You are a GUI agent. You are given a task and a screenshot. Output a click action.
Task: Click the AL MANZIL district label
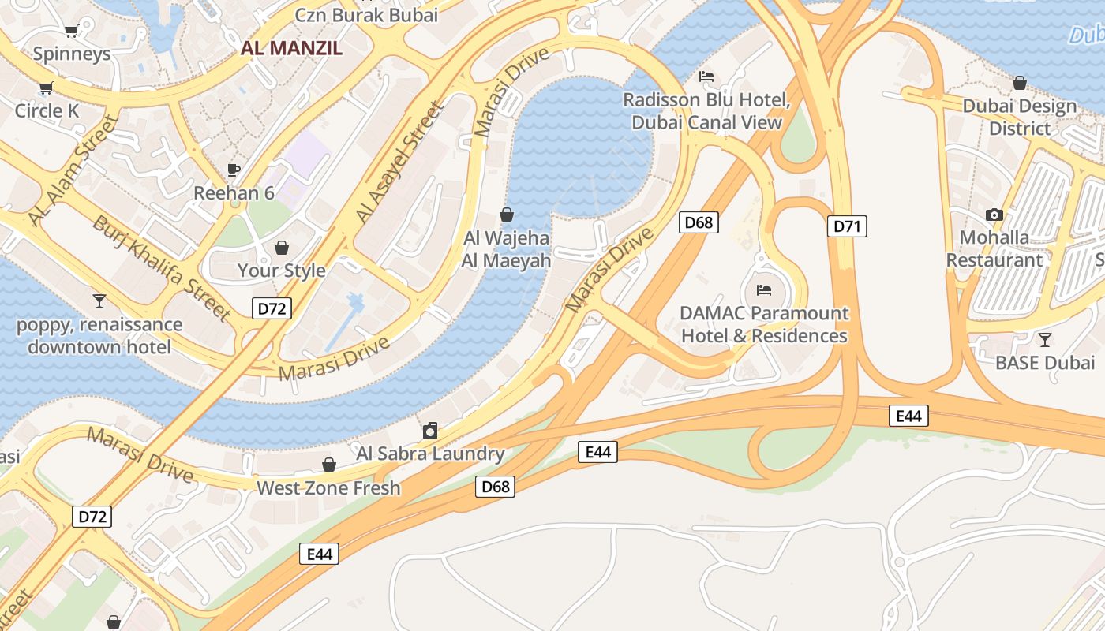(291, 48)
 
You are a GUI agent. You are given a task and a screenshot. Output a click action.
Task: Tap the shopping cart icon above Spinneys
(71, 32)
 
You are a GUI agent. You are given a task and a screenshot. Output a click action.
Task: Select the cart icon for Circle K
(46, 88)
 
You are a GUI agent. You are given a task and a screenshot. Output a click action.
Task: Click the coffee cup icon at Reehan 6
(233, 170)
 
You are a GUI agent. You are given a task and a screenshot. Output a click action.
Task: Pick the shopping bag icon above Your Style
(282, 248)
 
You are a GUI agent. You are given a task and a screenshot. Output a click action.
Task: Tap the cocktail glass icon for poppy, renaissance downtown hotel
(99, 301)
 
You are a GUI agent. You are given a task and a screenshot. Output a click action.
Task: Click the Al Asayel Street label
(399, 162)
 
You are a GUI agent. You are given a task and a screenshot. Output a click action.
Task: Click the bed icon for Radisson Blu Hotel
(706, 77)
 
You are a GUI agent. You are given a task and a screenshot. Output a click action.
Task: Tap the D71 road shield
(846, 226)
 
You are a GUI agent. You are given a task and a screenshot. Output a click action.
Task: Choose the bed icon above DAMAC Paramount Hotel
(763, 290)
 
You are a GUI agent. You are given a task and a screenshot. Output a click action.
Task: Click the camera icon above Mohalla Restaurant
(994, 215)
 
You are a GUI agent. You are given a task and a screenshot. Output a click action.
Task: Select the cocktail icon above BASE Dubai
(1045, 340)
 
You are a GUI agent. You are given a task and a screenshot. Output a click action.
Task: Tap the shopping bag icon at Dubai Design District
(1020, 83)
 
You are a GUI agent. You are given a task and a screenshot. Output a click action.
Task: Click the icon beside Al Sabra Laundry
(430, 431)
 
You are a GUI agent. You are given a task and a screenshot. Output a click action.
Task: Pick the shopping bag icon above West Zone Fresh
(329, 465)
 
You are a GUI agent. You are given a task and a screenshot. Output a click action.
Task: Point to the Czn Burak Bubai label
(366, 14)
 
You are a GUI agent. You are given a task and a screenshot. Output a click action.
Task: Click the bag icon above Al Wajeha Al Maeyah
(507, 215)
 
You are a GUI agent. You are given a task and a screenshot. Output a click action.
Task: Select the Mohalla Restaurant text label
(994, 248)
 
